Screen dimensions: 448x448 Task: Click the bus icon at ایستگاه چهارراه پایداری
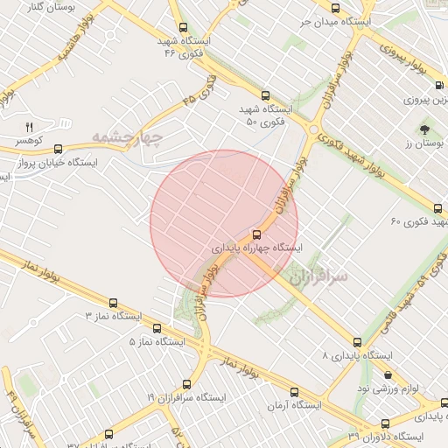tap(256, 234)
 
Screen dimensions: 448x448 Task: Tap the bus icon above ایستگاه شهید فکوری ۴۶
tap(182, 27)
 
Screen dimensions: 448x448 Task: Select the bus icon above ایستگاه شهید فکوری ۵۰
tap(265, 95)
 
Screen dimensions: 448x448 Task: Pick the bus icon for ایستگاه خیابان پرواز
tap(58, 149)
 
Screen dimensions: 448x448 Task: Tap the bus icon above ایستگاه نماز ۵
tap(157, 328)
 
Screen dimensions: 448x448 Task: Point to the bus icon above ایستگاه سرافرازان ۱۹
tap(186, 383)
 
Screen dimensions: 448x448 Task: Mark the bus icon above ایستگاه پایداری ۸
tap(356, 342)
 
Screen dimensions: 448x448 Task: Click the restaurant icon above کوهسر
tap(29, 126)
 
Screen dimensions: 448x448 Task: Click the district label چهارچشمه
tap(128, 138)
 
